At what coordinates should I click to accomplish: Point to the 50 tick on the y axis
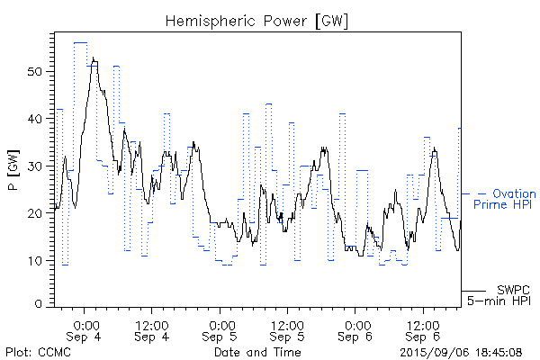pos(38,71)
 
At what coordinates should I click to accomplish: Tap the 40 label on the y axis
pos(38,119)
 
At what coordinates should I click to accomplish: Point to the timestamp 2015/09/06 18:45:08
pos(461,352)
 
